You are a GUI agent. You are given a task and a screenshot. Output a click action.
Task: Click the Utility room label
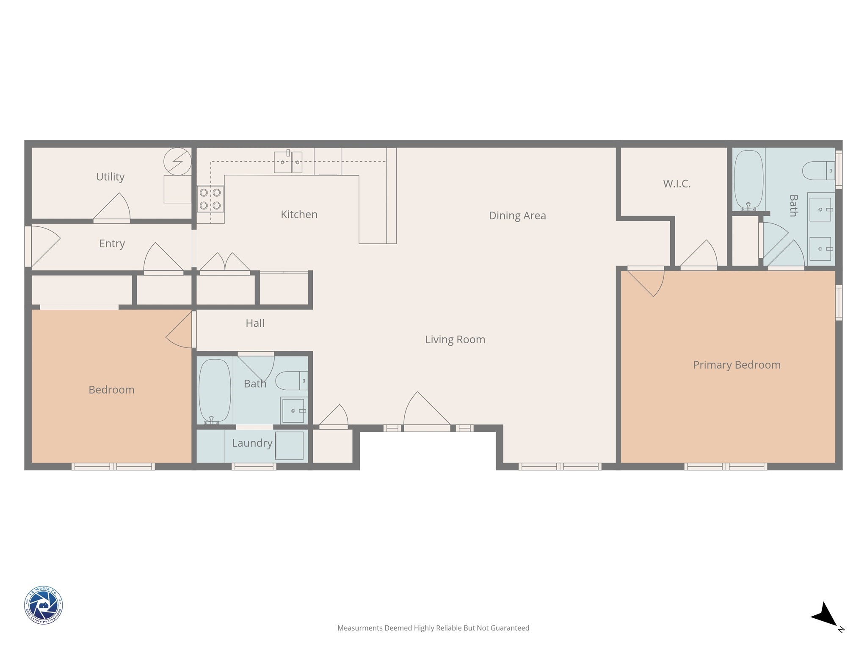(110, 176)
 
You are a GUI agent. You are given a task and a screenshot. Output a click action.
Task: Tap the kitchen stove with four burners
(210, 199)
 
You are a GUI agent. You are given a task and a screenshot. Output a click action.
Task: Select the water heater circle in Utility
(177, 161)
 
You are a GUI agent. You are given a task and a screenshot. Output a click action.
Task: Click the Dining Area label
(517, 215)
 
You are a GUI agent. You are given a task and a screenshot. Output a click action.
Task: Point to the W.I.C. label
(676, 184)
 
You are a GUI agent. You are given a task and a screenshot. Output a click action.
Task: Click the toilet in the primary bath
(818, 171)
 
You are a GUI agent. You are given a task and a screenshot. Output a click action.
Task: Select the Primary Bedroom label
(736, 365)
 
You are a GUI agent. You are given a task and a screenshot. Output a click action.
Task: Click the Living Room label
(455, 339)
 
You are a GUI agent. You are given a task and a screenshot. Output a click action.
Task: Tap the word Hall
(255, 323)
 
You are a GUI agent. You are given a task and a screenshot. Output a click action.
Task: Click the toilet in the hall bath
(291, 380)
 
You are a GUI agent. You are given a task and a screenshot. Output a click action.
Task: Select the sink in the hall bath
(293, 410)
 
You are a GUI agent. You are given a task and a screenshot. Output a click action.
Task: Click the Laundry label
(252, 443)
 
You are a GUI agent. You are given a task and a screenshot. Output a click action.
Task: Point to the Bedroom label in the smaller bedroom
(111, 390)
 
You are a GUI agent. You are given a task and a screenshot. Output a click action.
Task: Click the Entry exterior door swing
(44, 245)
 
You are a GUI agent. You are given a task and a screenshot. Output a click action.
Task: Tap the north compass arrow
(825, 616)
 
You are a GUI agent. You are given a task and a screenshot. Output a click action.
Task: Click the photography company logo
(43, 605)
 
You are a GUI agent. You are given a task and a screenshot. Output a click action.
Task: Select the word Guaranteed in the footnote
(510, 628)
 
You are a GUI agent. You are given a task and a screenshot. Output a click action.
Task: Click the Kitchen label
(299, 215)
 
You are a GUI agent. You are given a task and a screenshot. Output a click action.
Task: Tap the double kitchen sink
(288, 162)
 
